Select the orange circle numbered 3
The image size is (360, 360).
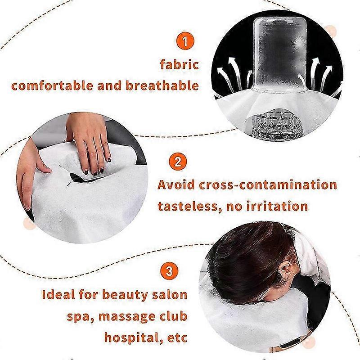pos(168,272)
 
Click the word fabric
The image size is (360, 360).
pos(179,64)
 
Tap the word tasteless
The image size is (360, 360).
pos(184,206)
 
